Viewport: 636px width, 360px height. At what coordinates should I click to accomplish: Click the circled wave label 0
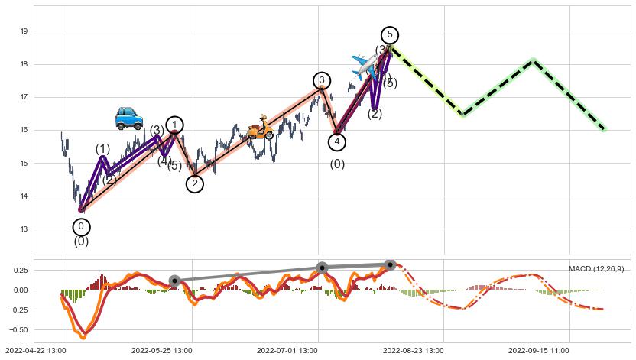pyautogui.click(x=82, y=226)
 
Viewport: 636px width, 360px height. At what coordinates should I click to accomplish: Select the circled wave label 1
pyautogui.click(x=175, y=125)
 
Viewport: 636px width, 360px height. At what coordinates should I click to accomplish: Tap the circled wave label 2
pyautogui.click(x=195, y=183)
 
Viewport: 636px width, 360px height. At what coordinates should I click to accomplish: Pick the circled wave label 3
pyautogui.click(x=322, y=80)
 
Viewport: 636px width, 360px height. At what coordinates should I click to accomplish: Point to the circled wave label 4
pyautogui.click(x=337, y=141)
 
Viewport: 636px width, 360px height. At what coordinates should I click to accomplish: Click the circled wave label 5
pyautogui.click(x=390, y=34)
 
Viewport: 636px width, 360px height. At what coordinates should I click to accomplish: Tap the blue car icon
pyautogui.click(x=128, y=118)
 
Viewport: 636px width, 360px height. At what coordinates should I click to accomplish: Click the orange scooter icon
pyautogui.click(x=260, y=128)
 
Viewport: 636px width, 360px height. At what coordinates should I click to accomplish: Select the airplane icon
pyautogui.click(x=365, y=65)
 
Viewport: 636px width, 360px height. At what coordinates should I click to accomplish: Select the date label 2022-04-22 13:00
pyautogui.click(x=34, y=350)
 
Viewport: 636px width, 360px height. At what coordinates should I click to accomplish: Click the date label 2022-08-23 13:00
pyautogui.click(x=412, y=350)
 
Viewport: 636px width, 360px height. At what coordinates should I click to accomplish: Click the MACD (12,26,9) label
pyautogui.click(x=596, y=269)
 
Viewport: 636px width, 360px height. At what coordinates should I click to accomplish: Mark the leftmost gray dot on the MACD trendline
pyautogui.click(x=174, y=281)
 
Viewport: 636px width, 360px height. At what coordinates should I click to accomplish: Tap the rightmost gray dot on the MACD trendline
pyautogui.click(x=391, y=265)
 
